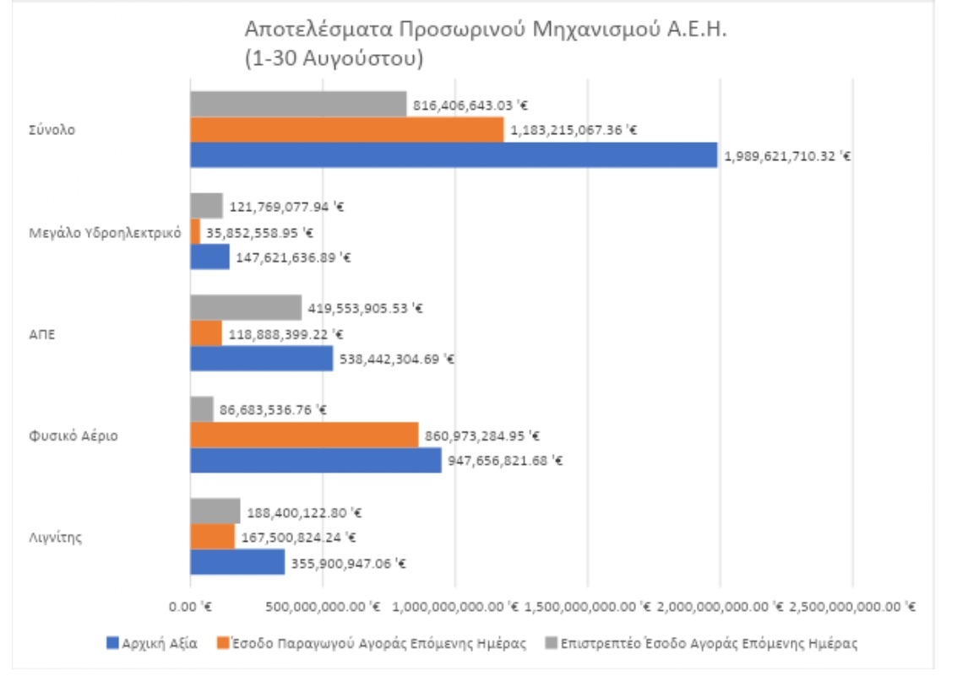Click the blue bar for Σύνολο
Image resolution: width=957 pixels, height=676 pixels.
[x=454, y=155]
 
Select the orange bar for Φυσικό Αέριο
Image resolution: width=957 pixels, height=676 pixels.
[x=304, y=435]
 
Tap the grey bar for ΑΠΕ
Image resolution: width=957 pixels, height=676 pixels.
[x=246, y=308]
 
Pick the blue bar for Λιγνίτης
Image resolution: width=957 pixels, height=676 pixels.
[x=237, y=562]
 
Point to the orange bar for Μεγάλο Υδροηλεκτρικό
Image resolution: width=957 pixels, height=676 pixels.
[x=195, y=232]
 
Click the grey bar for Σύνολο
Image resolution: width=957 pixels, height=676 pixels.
[x=298, y=105]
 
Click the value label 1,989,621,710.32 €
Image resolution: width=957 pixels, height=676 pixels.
[x=786, y=156]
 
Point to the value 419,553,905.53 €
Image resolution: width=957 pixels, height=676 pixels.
[x=366, y=309]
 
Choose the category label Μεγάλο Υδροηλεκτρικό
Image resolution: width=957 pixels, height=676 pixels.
[x=105, y=233]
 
